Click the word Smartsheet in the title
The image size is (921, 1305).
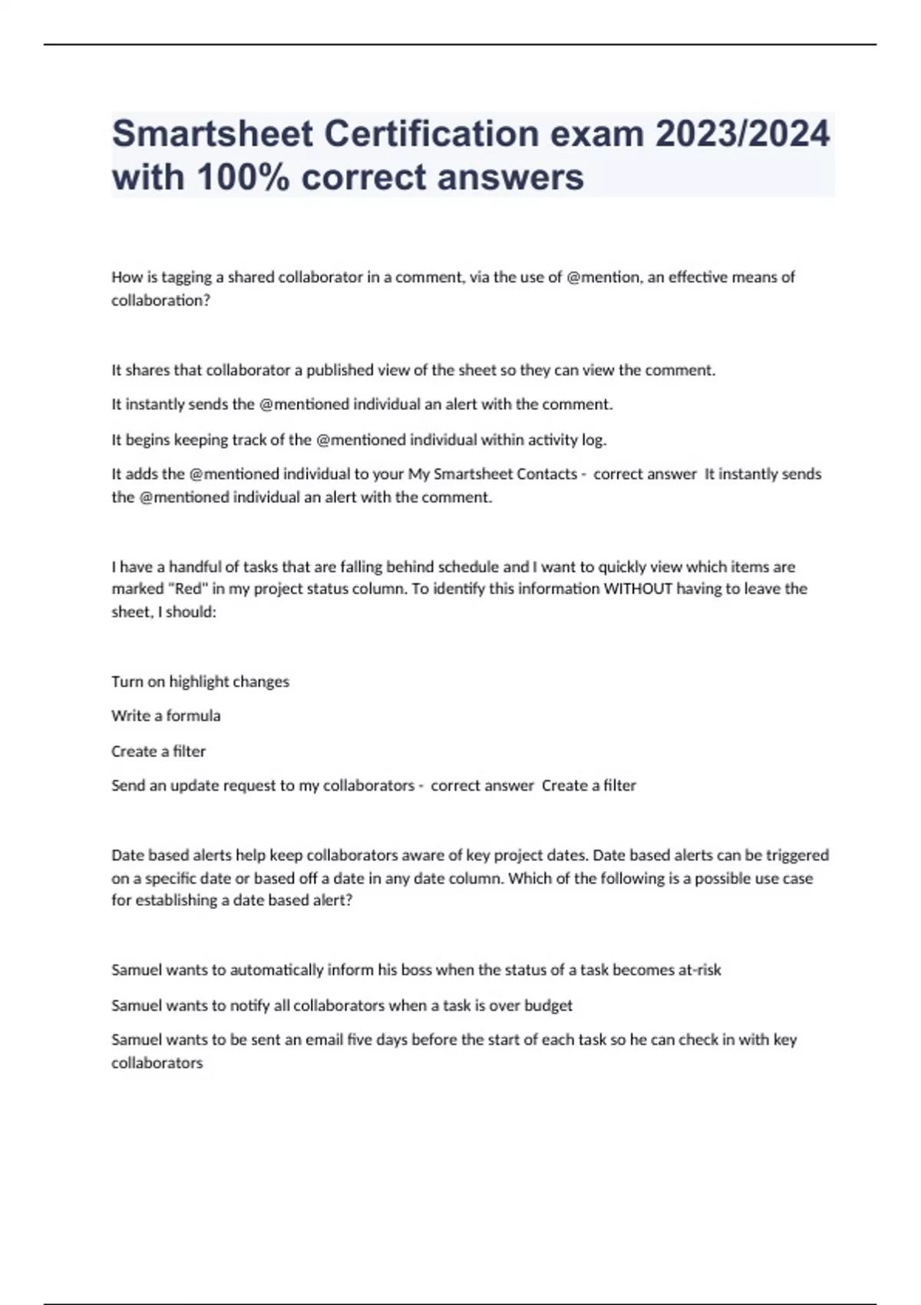(x=213, y=134)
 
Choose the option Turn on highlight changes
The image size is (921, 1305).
(x=200, y=682)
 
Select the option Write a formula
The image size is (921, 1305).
(x=166, y=715)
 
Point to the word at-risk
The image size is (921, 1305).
(x=699, y=970)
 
